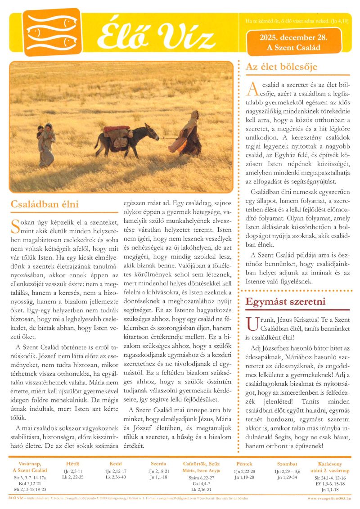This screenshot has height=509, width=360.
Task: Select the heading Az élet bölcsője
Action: coord(282,67)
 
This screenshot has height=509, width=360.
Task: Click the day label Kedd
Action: coord(116,464)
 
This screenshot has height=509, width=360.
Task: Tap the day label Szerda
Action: coord(158,464)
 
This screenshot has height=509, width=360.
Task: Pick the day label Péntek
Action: coord(244,464)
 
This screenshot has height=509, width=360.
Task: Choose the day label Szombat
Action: coord(287,464)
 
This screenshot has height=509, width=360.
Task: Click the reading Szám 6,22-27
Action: coord(201,477)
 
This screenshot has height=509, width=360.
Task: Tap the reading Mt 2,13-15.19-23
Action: coord(30,489)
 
